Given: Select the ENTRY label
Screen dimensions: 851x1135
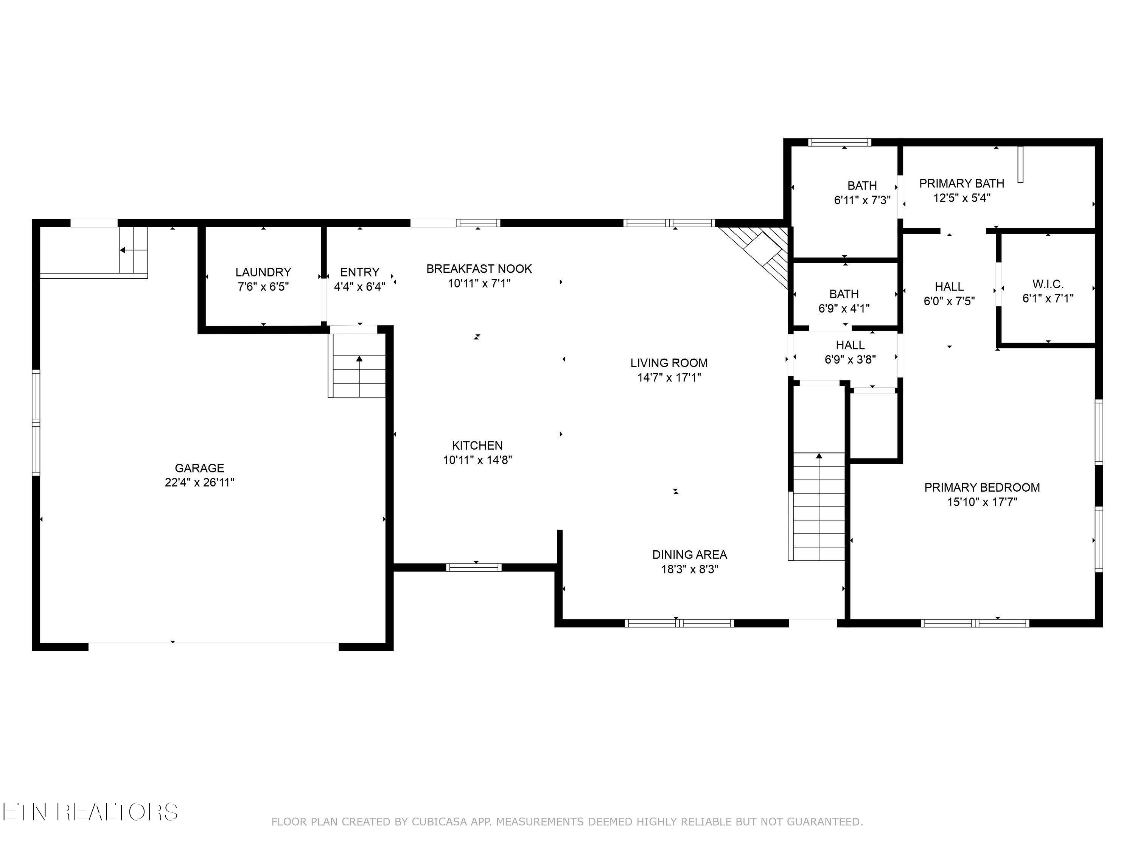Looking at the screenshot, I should (x=360, y=272).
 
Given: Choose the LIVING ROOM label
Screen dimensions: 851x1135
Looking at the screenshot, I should (x=669, y=363).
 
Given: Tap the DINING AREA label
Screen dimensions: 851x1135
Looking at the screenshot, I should (x=689, y=554).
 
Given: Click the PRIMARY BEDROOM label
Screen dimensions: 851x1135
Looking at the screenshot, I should (x=981, y=487).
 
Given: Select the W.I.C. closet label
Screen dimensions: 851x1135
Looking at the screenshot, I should (x=1048, y=284).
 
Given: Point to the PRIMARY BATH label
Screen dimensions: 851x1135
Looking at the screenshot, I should (x=961, y=183).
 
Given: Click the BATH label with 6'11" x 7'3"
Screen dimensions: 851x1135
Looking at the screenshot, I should (x=861, y=186).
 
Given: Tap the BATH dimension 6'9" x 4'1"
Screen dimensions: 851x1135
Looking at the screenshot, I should (x=844, y=308).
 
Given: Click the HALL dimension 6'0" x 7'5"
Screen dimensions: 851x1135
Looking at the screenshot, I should (x=949, y=301).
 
